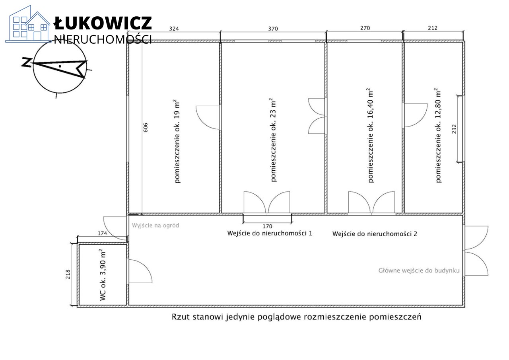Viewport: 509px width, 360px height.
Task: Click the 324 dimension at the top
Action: pyautogui.click(x=174, y=29)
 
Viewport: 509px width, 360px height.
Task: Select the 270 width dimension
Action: pyautogui.click(x=365, y=28)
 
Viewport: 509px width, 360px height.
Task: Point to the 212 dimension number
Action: pyautogui.click(x=433, y=28)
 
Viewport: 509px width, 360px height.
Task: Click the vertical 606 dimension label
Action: pyautogui.click(x=146, y=127)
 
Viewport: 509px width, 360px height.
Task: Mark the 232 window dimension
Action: pyautogui.click(x=454, y=129)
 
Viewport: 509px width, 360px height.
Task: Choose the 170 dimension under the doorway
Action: pyautogui.click(x=267, y=226)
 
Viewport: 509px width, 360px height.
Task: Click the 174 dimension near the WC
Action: pyautogui.click(x=102, y=234)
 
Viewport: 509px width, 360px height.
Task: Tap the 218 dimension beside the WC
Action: pyautogui.click(x=68, y=274)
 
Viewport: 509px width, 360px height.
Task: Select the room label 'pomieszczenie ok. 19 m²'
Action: pyautogui.click(x=177, y=141)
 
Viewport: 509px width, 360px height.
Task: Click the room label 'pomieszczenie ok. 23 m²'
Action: pyautogui.click(x=273, y=140)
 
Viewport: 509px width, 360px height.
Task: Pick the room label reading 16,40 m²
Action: pyautogui.click(x=371, y=135)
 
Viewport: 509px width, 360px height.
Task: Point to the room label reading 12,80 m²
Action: pyautogui.click(x=438, y=135)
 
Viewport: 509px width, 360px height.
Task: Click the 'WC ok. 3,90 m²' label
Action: pyautogui.click(x=103, y=274)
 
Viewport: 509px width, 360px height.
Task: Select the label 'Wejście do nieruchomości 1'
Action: pyautogui.click(x=269, y=233)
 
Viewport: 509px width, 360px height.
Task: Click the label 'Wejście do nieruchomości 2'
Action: pyautogui.click(x=375, y=234)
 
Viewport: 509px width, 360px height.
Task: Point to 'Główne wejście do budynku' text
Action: pyautogui.click(x=419, y=270)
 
